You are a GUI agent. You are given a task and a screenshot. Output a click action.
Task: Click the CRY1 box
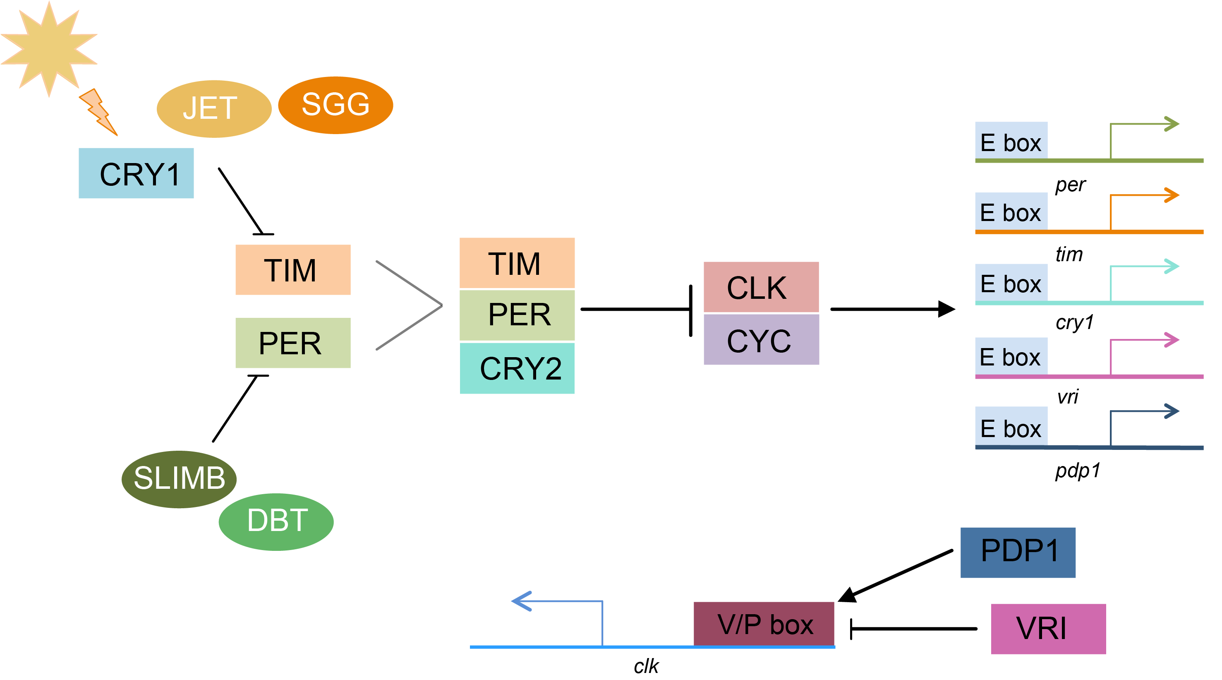(136, 173)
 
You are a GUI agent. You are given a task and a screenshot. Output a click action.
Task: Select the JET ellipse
(213, 109)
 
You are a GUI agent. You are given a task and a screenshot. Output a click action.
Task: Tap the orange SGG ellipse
(335, 105)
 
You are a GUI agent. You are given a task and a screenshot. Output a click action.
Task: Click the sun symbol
(48, 49)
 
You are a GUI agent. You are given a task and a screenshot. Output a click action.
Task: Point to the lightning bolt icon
(98, 112)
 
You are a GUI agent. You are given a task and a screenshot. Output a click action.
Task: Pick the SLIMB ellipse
(179, 479)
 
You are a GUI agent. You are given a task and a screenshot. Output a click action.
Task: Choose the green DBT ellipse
(276, 521)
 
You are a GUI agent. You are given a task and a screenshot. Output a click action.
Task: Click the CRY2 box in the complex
(517, 368)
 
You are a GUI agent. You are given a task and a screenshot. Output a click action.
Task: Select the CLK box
(761, 287)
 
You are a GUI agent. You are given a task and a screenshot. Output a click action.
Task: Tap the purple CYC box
(761, 340)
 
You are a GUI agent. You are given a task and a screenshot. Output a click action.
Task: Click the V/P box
(764, 624)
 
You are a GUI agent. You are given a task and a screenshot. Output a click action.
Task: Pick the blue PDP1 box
(1018, 552)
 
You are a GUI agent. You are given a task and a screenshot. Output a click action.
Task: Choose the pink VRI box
(1048, 628)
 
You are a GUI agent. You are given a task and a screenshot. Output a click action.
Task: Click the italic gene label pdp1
(1077, 470)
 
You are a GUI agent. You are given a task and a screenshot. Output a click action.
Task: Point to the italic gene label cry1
(1074, 323)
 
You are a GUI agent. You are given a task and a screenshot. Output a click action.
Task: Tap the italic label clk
(646, 666)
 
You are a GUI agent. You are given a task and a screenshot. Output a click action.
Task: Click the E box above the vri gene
(1011, 356)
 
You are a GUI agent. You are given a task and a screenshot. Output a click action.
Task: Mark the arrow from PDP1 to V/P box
(896, 575)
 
